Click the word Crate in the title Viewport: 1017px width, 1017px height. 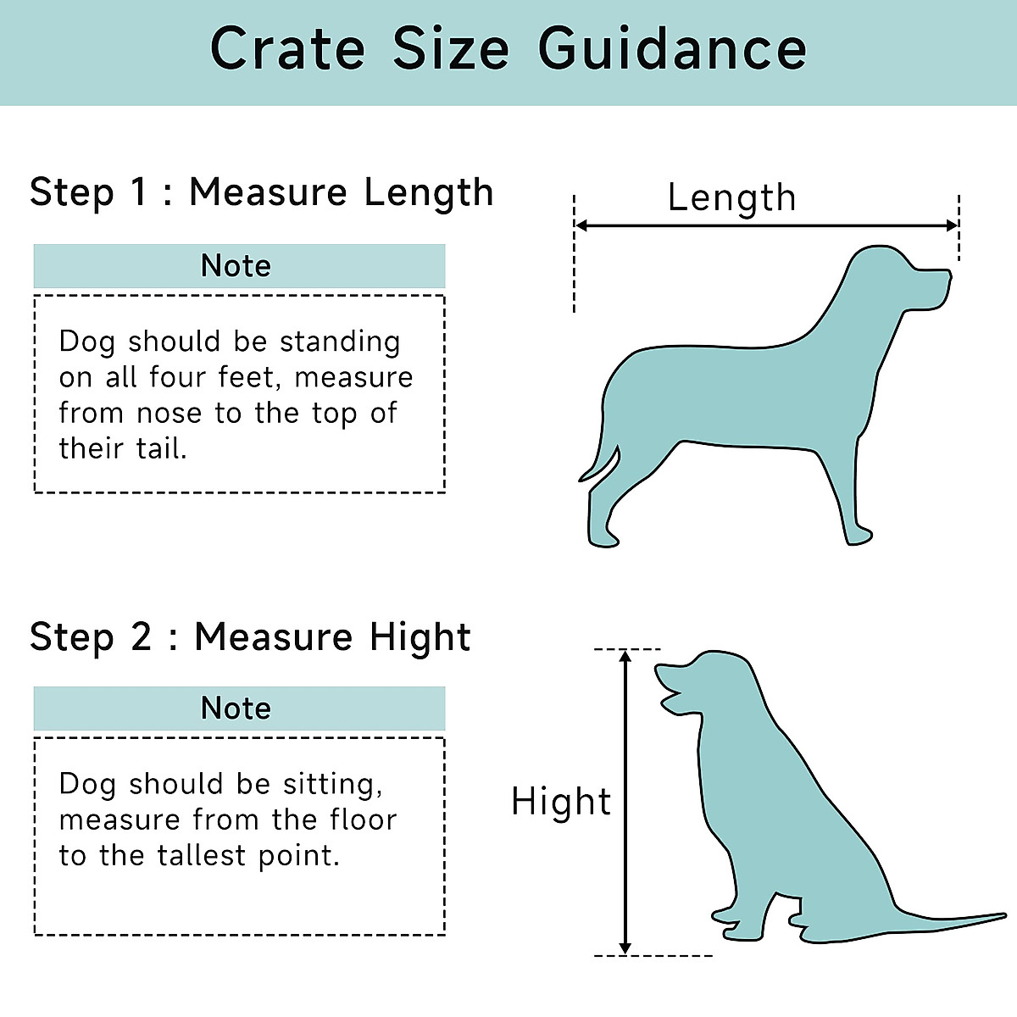tap(287, 49)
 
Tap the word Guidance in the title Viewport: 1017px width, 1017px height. tap(672, 49)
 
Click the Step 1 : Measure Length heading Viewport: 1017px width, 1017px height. tap(261, 192)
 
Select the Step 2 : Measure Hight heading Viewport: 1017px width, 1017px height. tap(250, 637)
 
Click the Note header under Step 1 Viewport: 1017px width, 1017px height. tap(236, 266)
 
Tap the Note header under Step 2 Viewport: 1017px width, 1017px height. tap(236, 709)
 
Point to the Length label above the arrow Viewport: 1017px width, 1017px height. tap(731, 198)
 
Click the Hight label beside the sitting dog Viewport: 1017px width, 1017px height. tap(561, 802)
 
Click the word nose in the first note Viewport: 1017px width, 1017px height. tap(169, 414)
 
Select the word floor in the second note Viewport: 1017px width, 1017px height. tap(364, 820)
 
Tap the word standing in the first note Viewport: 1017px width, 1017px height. tap(340, 342)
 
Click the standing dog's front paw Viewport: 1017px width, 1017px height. tap(858, 535)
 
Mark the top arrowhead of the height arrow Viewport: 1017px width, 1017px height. tap(625, 657)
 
